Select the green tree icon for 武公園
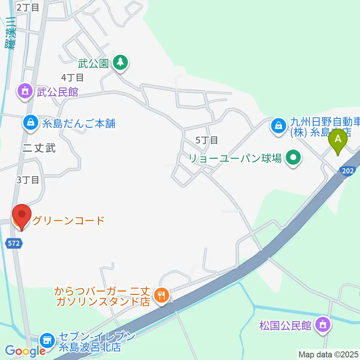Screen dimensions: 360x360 tap(120, 62)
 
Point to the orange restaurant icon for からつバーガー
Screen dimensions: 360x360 tap(161, 295)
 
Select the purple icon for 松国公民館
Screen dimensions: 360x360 tap(323, 324)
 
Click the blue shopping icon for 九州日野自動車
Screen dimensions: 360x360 tap(279, 125)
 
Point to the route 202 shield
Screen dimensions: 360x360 tap(348, 171)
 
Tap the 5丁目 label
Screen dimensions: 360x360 tap(207, 140)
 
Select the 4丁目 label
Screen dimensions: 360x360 tap(72, 78)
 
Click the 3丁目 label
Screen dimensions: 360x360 tap(28, 180)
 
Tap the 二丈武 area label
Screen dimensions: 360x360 tap(39, 148)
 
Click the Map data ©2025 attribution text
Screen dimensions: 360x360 tap(328, 354)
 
